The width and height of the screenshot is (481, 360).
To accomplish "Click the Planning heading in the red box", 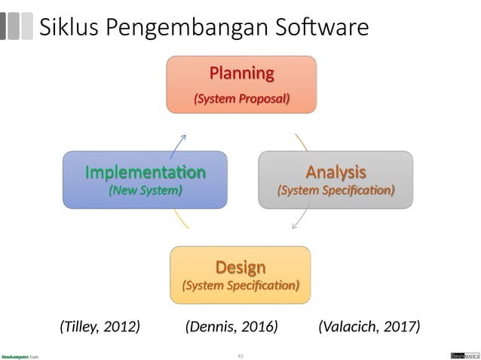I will click(241, 73).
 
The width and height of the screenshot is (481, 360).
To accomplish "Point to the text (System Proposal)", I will click(241, 99).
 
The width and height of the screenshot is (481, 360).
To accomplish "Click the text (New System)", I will click(145, 191).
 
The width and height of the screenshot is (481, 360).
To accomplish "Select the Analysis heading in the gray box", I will click(335, 171).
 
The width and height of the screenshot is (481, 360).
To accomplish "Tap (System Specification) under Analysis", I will click(335, 191).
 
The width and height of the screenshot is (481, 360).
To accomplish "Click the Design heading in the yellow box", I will click(240, 267).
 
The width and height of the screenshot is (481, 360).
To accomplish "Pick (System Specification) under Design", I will click(240, 286).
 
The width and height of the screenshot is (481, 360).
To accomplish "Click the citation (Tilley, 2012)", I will click(100, 326).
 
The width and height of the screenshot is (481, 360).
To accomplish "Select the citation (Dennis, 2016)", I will click(231, 326).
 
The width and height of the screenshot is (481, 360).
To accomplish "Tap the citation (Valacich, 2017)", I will click(369, 326).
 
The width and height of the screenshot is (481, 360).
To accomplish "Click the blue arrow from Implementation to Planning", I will click(179, 142).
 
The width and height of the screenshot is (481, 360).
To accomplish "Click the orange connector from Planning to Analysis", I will click(302, 142).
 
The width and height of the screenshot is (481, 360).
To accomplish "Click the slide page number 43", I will click(240, 355).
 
